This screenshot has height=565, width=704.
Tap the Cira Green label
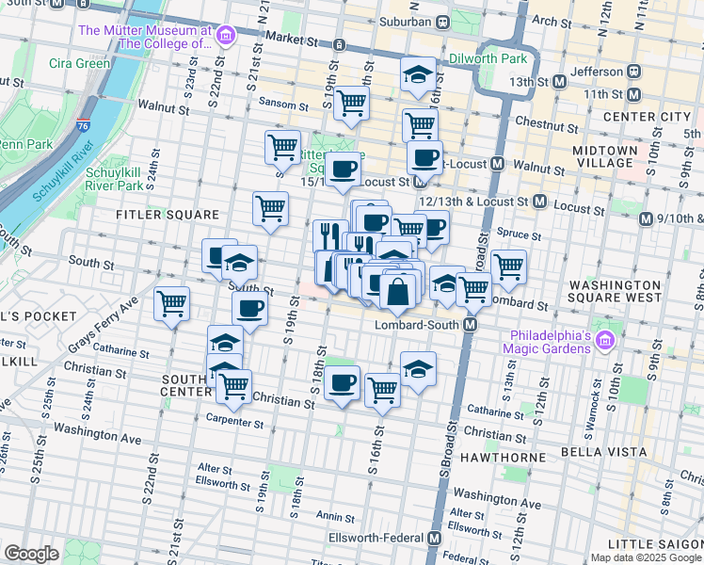(80, 64)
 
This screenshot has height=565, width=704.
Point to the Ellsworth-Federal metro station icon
(433, 538)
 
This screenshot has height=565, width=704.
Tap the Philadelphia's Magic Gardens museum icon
(605, 340)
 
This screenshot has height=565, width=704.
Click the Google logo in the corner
(31, 554)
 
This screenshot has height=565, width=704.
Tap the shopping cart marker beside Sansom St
(351, 104)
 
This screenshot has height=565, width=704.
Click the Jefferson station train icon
(634, 71)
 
